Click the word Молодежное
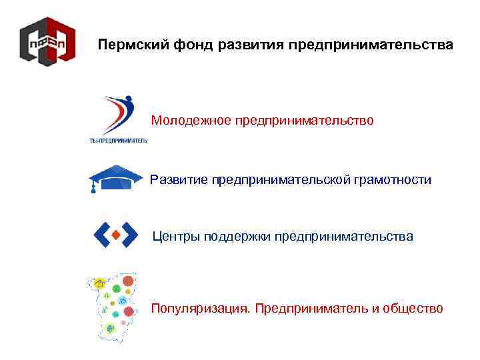pos(191,121)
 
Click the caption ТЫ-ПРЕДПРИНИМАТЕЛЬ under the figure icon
pos(118,140)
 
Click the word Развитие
pos(179,180)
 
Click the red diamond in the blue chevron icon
pos(115,234)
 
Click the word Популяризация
pos(200,308)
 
